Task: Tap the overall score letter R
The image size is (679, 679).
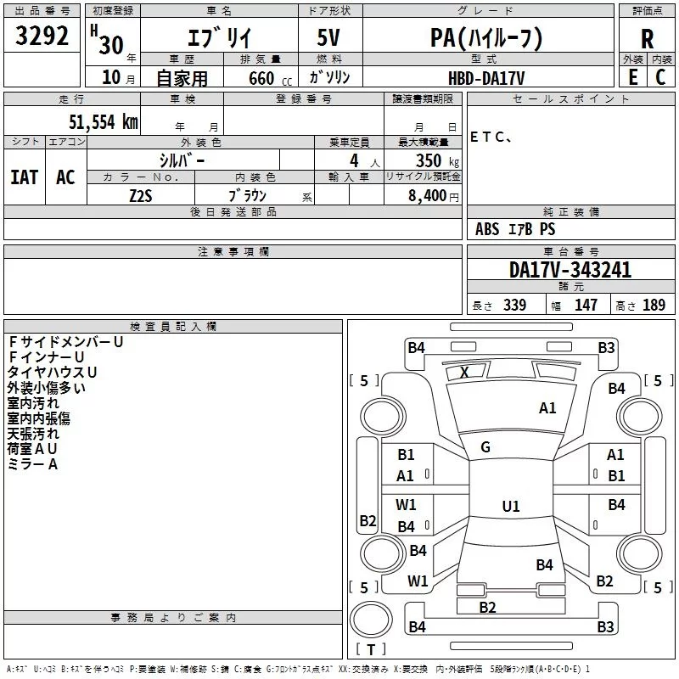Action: click(x=647, y=38)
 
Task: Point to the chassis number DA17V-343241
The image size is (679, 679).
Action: click(x=570, y=270)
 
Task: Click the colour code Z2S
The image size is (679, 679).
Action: click(x=140, y=194)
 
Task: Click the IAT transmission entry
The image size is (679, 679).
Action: click(x=24, y=177)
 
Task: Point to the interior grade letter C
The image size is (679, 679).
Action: click(x=660, y=76)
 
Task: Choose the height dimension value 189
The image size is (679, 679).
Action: click(x=653, y=306)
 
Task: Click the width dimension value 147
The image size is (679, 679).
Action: click(x=586, y=306)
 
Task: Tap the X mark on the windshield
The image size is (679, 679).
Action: click(x=464, y=372)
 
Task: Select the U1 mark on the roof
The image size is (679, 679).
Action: click(x=510, y=507)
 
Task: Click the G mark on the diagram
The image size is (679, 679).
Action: click(x=485, y=447)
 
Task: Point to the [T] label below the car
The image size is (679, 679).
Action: click(x=370, y=649)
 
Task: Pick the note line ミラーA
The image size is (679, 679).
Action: click(x=32, y=464)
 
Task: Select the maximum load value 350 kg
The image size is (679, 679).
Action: click(x=434, y=160)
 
